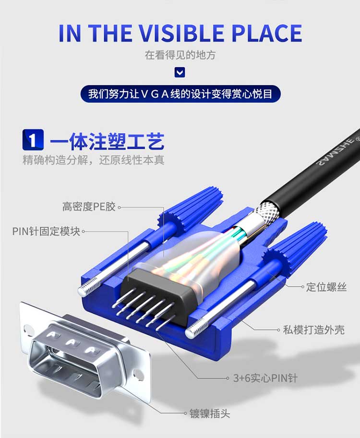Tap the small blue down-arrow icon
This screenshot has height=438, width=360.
[x=180, y=73]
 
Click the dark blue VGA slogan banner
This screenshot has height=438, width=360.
[x=180, y=94]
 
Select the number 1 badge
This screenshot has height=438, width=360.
[x=33, y=140]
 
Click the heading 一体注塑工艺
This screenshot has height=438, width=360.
[x=107, y=141]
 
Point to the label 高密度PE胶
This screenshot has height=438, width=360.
[x=88, y=207]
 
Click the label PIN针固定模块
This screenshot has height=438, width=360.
[x=46, y=231]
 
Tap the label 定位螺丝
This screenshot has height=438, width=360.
[x=326, y=287]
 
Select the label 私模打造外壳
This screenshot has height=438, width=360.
[x=313, y=330]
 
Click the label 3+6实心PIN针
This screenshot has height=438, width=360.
[x=265, y=378]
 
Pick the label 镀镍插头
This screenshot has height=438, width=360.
[x=210, y=413]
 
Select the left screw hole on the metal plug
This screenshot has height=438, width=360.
[x=28, y=329]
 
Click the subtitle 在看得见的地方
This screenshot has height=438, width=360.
[x=180, y=55]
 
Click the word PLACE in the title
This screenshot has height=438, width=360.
[x=266, y=33]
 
